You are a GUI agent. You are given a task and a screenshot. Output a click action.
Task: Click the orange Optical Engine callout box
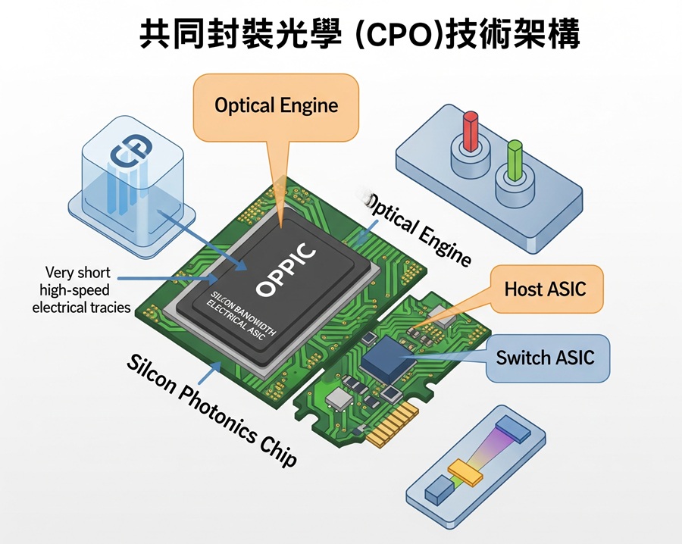[276, 105]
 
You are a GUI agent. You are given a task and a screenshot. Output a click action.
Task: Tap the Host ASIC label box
[545, 289]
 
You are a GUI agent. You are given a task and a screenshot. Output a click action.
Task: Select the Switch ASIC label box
[545, 357]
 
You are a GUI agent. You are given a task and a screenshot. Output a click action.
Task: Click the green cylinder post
[515, 157]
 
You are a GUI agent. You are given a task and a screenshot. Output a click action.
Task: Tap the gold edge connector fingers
[394, 424]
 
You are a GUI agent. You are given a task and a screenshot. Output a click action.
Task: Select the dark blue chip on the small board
[390, 357]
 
